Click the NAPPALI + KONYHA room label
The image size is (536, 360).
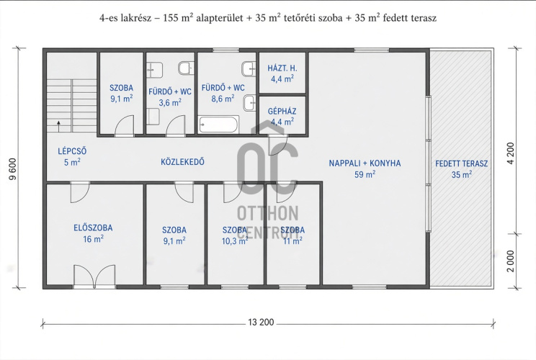[x=365, y=163]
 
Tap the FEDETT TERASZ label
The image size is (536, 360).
[x=462, y=163]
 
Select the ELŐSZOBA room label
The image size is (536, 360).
[x=93, y=228]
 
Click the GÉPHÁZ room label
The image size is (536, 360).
[x=282, y=111]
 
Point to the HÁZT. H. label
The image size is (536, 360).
[x=282, y=68]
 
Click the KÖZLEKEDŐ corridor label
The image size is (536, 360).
[x=182, y=161]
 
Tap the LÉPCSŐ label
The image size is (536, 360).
[x=72, y=151]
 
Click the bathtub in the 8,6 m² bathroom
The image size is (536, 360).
[x=218, y=125]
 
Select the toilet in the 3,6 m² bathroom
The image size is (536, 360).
[x=187, y=68]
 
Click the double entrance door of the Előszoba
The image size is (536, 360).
[x=94, y=276]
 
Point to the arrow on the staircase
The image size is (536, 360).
[x=59, y=126]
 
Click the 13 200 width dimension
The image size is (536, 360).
[x=262, y=322]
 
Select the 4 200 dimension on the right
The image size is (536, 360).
[x=511, y=153]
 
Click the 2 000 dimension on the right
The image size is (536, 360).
[x=511, y=261]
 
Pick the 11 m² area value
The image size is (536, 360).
[x=292, y=240]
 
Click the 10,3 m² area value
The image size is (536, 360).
[x=235, y=241]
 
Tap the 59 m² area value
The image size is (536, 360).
[x=365, y=174]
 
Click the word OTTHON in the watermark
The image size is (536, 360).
[x=268, y=213]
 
